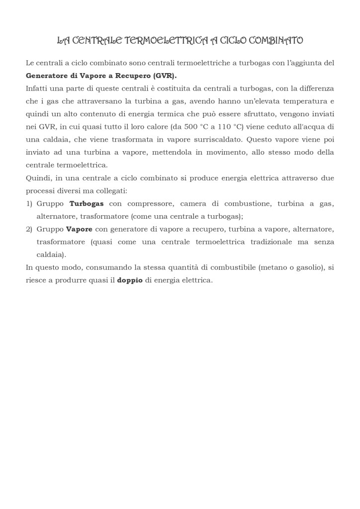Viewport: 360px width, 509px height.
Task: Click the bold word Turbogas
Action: (87, 204)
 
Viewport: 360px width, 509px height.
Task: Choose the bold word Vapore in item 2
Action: (79, 229)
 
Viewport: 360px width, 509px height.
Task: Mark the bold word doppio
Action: (130, 280)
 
